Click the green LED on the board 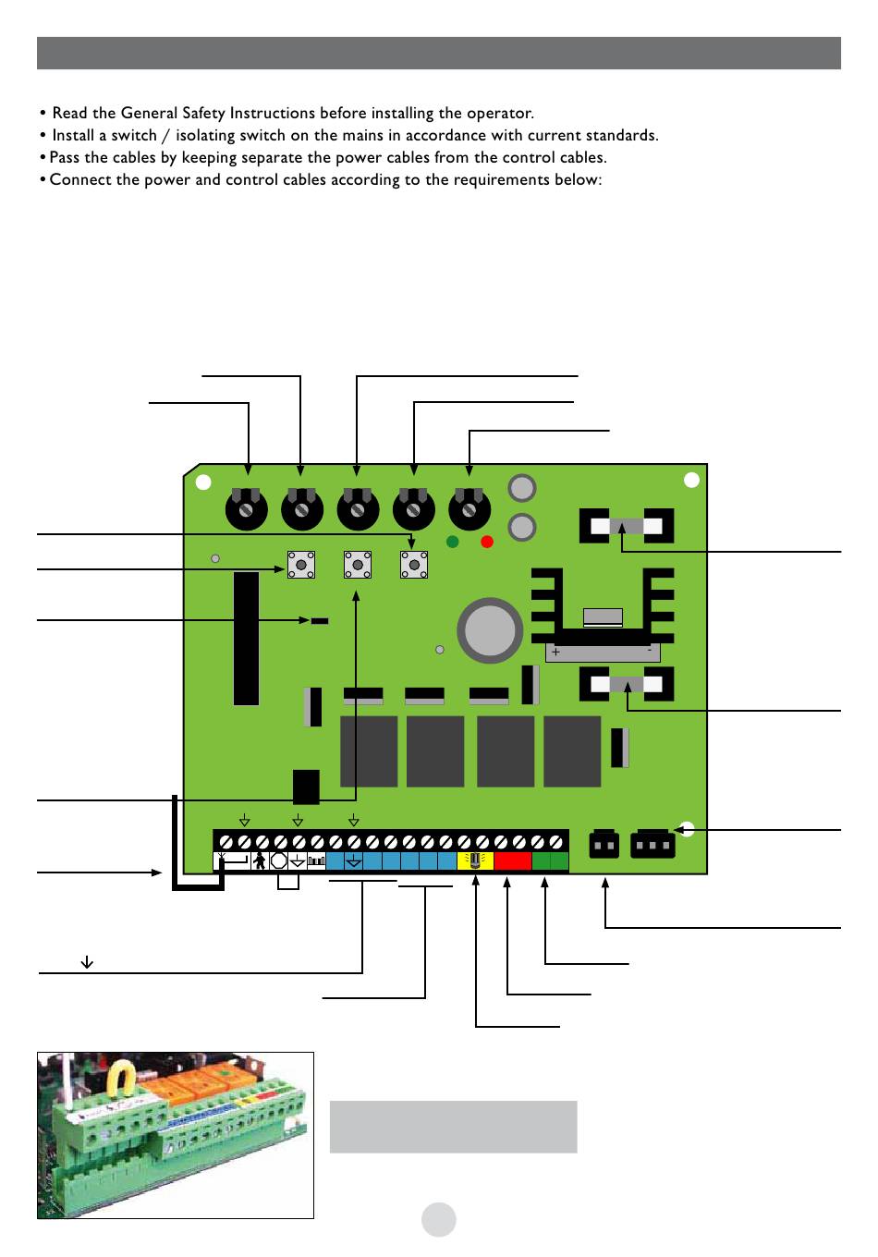pos(453,542)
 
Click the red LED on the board pos(488,542)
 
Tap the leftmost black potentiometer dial pos(247,508)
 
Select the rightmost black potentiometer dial pos(469,508)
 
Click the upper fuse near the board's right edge pos(626,527)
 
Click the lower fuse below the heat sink pos(626,685)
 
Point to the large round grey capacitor pos(491,630)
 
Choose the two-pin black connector pos(604,845)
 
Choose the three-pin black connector pos(652,845)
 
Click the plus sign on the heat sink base pos(555,653)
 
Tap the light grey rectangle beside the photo pos(453,1126)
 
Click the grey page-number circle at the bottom pos(439,1219)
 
